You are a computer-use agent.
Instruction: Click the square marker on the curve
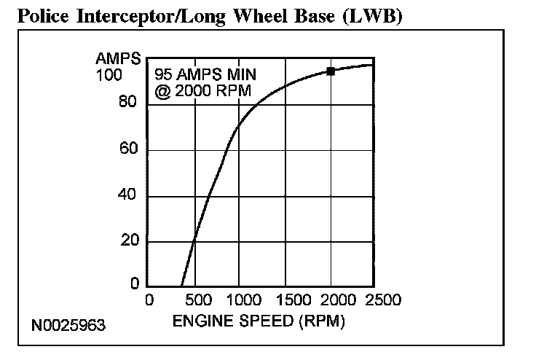(331, 71)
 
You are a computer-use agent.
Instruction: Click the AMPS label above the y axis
(115, 60)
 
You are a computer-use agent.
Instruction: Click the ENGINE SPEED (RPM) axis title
(259, 320)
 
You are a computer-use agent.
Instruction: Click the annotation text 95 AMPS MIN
(205, 76)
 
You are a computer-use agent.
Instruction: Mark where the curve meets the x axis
(181, 286)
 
